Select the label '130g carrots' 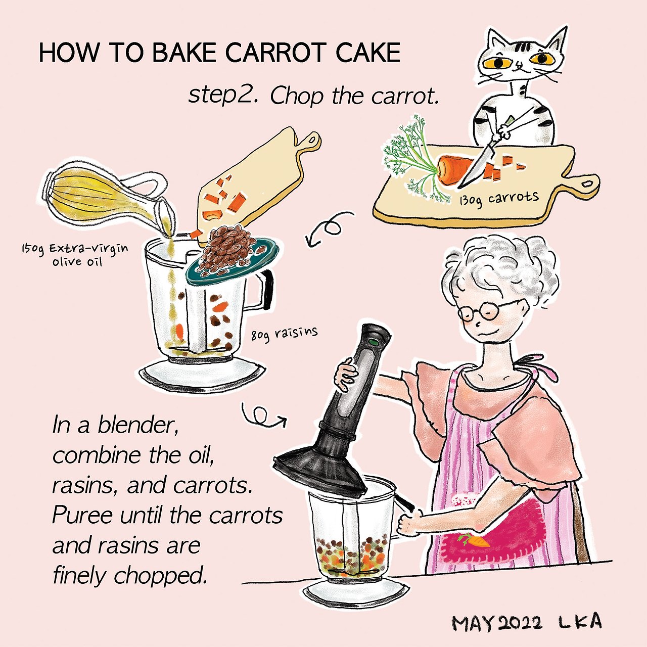click(499, 199)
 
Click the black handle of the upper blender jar click(267, 289)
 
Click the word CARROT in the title click(275, 53)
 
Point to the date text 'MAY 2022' click(497, 623)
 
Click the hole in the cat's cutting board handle click(588, 183)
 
